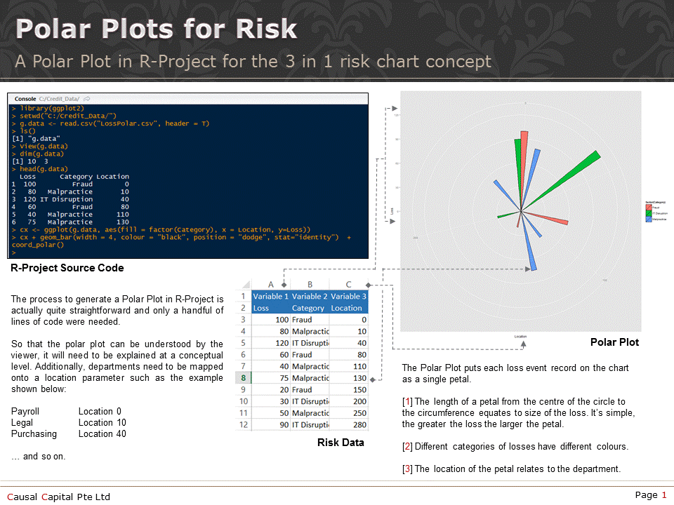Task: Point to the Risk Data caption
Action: point(341,443)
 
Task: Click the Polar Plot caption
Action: point(614,342)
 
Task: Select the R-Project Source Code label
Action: point(67,268)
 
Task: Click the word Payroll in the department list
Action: point(25,411)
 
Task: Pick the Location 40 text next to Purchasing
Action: point(102,433)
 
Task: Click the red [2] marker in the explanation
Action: point(407,446)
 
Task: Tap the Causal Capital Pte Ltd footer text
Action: point(59,497)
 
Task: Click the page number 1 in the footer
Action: point(663,495)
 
